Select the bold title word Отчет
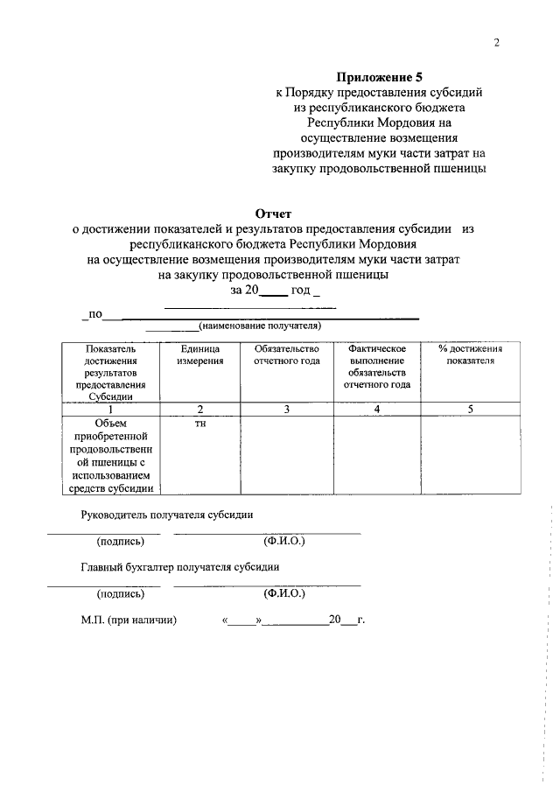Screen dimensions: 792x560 [x=273, y=213]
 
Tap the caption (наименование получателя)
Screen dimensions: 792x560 [x=260, y=326]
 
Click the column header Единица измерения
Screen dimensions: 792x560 [x=199, y=354]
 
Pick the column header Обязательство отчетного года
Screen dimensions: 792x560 [x=286, y=354]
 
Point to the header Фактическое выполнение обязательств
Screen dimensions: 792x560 [x=376, y=367]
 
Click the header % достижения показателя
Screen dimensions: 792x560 [x=469, y=354]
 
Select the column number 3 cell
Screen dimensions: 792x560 [x=286, y=409]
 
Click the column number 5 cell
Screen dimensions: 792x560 [x=469, y=409]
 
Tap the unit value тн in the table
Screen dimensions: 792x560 [x=199, y=423]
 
